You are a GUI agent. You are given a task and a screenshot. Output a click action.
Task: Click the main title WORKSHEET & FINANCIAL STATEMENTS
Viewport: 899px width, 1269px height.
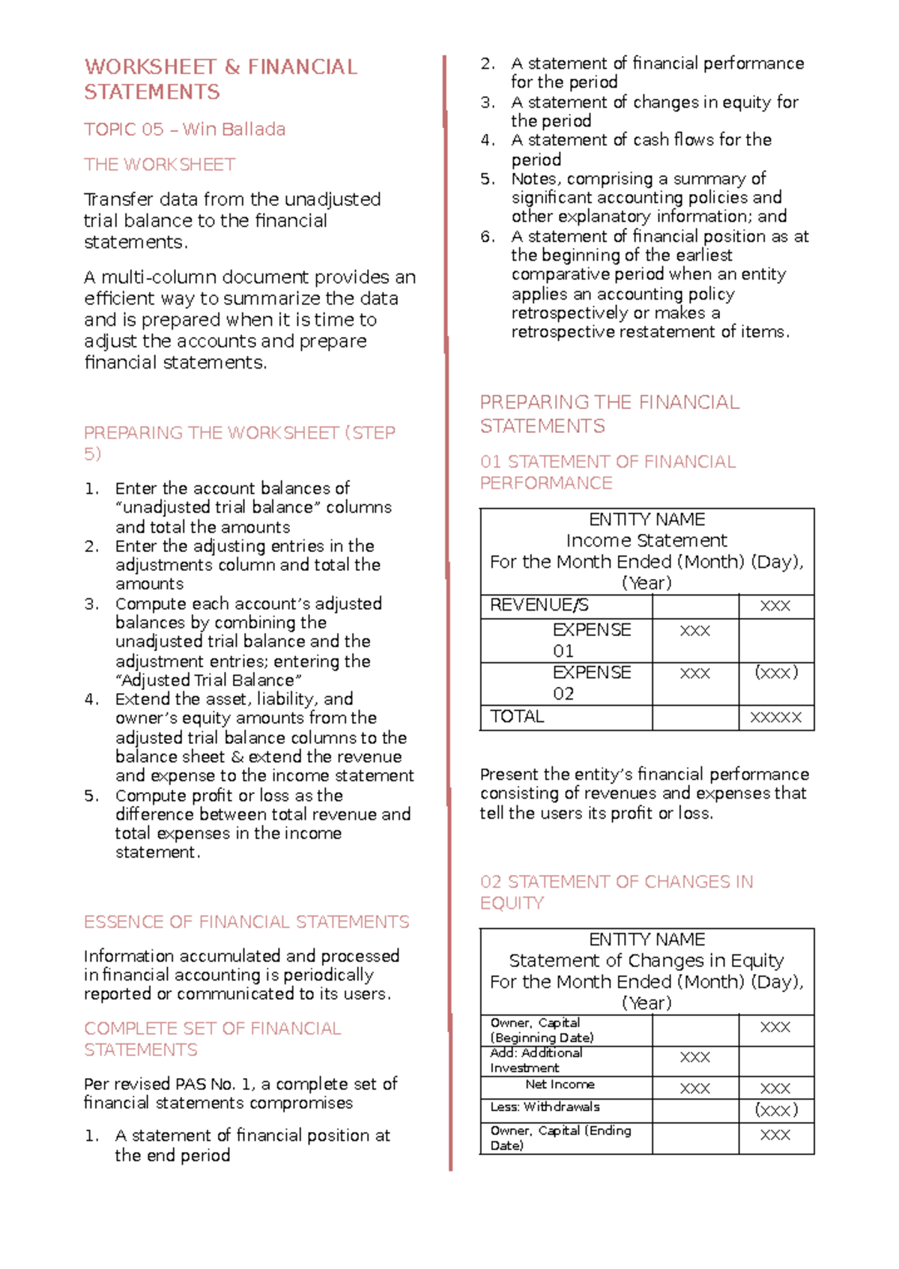(x=220, y=79)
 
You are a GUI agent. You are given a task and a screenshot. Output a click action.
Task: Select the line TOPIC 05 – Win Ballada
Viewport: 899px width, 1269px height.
(x=184, y=130)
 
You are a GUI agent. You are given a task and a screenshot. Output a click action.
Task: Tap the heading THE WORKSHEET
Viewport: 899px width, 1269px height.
(x=160, y=165)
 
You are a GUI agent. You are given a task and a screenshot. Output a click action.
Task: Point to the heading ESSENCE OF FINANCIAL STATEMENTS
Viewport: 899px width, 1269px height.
(x=246, y=922)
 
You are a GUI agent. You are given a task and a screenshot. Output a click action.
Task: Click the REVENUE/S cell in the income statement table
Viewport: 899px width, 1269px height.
(x=539, y=605)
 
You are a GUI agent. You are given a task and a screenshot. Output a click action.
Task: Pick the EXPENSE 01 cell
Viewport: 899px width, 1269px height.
(x=591, y=640)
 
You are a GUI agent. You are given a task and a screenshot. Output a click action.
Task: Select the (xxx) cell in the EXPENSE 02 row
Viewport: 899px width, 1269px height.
(x=775, y=673)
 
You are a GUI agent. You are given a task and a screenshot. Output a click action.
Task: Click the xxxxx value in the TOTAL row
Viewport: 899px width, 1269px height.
(x=775, y=718)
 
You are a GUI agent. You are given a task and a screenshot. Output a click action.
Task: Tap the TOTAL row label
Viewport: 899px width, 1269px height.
(x=517, y=717)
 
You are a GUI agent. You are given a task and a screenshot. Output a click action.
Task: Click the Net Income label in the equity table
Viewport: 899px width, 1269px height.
(x=560, y=1085)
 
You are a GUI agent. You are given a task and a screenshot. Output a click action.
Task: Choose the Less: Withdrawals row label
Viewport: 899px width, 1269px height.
(x=545, y=1107)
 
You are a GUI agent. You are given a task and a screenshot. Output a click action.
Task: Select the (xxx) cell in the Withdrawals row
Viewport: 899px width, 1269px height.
(x=775, y=1110)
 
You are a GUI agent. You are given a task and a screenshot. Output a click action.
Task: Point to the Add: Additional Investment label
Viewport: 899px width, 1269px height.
(x=536, y=1060)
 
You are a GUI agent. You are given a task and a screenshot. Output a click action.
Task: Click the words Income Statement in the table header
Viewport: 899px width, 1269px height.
(x=646, y=541)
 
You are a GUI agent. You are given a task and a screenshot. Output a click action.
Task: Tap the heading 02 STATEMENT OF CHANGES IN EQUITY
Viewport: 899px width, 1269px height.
(x=616, y=892)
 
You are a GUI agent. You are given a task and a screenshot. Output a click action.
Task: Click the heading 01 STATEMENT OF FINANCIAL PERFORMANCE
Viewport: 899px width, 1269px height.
(x=608, y=472)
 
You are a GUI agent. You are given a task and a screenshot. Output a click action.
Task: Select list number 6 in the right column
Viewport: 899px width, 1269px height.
(x=488, y=237)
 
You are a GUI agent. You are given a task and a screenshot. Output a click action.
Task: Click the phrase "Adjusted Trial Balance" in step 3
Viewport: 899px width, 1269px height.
(x=208, y=680)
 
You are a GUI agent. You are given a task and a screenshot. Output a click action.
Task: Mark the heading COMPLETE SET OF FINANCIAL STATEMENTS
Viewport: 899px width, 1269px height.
(x=212, y=1039)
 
